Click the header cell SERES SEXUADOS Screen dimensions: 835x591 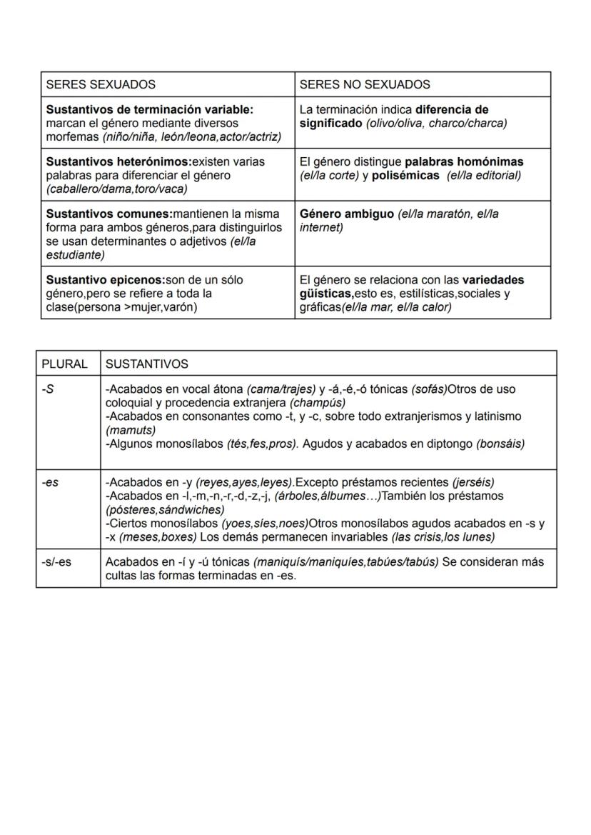point(101,84)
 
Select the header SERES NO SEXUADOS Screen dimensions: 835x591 point(365,84)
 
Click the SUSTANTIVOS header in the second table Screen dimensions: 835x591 point(147,364)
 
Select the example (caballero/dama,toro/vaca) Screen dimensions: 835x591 point(116,189)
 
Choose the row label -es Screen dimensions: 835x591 point(49,482)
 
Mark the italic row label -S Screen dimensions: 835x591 point(47,389)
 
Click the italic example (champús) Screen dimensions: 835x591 point(318,402)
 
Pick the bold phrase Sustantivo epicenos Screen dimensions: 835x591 point(105,279)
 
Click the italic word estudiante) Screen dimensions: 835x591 point(75,254)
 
